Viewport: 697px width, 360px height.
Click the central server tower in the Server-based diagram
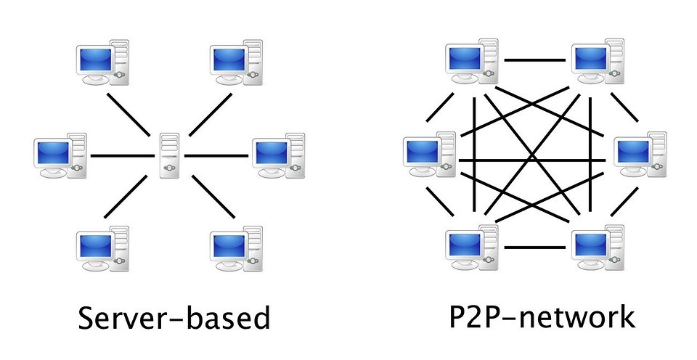tap(170, 155)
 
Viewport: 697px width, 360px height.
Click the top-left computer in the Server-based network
tap(102, 62)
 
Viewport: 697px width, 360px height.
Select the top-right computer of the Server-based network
tap(236, 62)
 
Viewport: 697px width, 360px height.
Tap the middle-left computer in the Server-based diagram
tap(60, 155)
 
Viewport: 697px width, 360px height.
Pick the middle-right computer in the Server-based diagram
tap(279, 155)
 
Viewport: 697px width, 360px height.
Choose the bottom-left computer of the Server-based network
tap(102, 249)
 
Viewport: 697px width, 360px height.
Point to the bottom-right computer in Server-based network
tap(236, 249)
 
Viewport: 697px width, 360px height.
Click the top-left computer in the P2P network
tap(472, 62)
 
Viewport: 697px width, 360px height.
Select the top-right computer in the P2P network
tap(598, 62)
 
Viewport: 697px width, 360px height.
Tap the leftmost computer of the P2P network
tap(430, 155)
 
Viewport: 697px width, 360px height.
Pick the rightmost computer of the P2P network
tap(640, 155)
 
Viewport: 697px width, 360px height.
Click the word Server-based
tap(174, 317)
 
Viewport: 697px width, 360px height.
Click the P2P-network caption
tap(542, 316)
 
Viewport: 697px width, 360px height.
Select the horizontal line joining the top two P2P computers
tap(535, 60)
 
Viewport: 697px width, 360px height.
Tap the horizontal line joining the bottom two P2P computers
tap(535, 247)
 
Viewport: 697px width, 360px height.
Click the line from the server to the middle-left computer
tap(123, 155)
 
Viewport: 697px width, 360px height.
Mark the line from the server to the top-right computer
tap(211, 114)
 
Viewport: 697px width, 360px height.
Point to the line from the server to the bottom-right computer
tap(213, 197)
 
